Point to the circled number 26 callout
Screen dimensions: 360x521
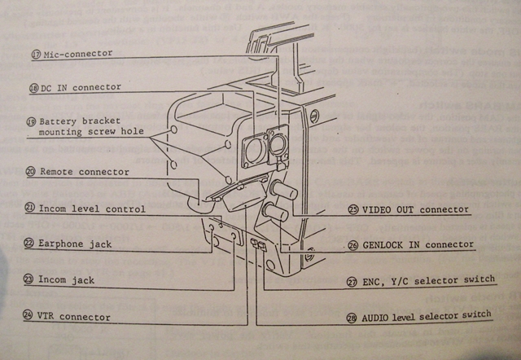coord(352,244)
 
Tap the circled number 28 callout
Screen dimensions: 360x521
coord(352,316)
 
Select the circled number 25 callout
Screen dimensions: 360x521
coord(352,209)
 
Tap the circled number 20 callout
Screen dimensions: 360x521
coord(30,172)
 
